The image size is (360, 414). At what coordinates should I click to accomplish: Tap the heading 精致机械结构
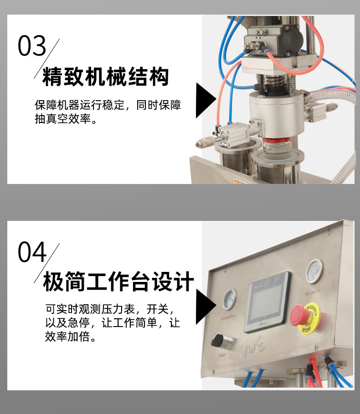click(106, 77)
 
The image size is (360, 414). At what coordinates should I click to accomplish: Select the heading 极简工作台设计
click(118, 282)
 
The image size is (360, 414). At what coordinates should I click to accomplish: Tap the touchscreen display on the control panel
click(266, 301)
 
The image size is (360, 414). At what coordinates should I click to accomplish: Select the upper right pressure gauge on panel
click(314, 271)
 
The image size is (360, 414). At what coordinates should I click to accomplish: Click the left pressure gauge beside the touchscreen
click(229, 300)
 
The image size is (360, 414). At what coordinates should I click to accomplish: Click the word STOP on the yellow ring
click(306, 329)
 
